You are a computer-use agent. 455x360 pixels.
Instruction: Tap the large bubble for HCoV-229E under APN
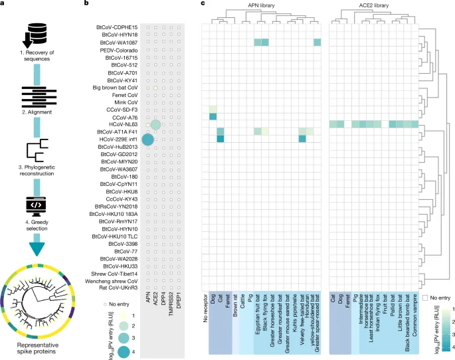[147, 139]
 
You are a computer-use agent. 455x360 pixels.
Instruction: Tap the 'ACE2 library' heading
[375, 5]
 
